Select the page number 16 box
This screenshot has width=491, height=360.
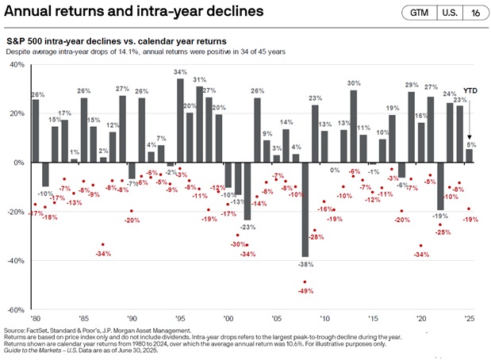click(x=474, y=13)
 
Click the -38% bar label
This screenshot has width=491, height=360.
click(x=304, y=262)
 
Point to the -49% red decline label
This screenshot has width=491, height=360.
click(x=304, y=290)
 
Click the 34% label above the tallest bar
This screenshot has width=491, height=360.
click(x=180, y=72)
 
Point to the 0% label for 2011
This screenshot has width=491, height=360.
click(x=334, y=170)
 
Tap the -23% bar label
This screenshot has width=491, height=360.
click(x=247, y=227)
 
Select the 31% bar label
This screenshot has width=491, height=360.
click(x=200, y=79)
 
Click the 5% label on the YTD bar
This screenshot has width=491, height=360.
click(x=470, y=144)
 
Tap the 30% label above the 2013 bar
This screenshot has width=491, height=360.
click(x=354, y=82)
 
